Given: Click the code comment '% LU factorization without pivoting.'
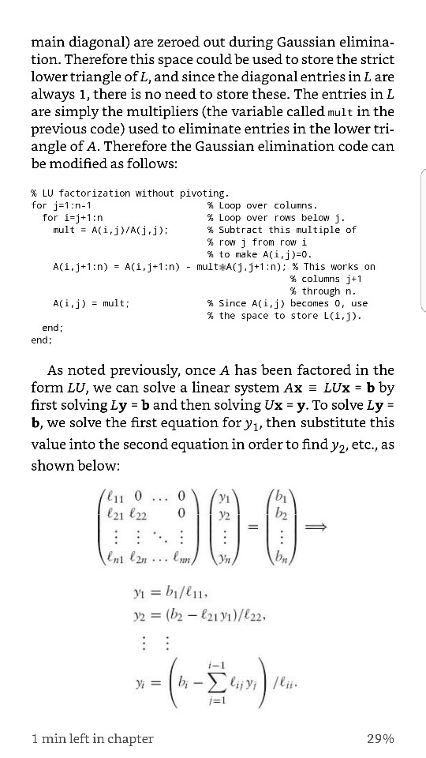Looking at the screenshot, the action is [x=129, y=193].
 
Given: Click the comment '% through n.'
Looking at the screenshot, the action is [x=322, y=291].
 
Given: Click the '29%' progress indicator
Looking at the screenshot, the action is [x=380, y=738].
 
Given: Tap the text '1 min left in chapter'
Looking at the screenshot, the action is [x=92, y=738].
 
